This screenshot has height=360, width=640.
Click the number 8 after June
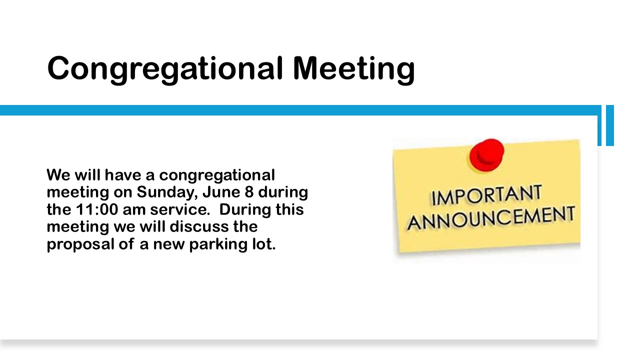tap(249, 192)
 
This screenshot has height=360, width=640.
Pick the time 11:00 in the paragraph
tap(97, 209)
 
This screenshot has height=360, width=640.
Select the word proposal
tap(80, 245)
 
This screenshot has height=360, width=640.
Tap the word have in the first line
tap(123, 175)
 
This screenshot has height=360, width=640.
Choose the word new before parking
tap(169, 245)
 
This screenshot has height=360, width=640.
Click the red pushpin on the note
tap(486, 155)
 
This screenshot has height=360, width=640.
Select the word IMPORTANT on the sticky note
tap(486, 195)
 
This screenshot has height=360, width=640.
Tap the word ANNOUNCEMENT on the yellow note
tap(491, 218)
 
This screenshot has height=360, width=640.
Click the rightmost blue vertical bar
tap(610, 125)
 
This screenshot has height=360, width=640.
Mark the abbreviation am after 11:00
tap(134, 210)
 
